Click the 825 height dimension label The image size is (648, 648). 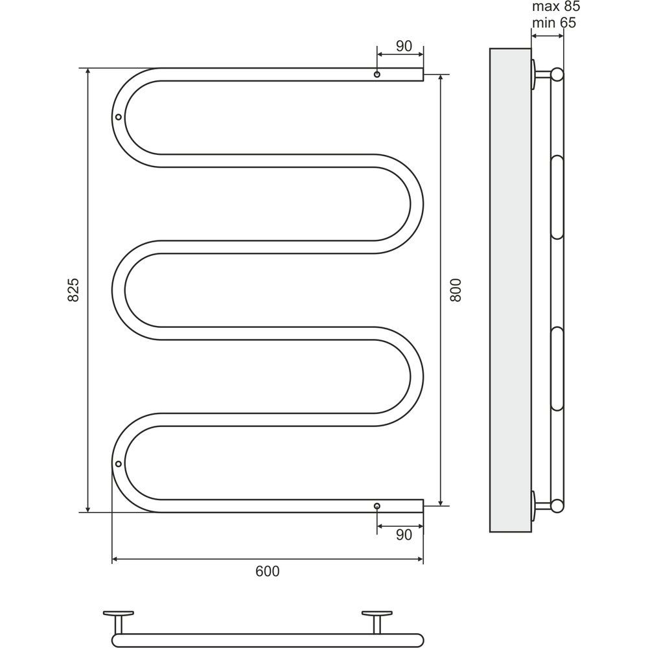tap(73, 290)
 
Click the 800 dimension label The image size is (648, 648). tap(455, 290)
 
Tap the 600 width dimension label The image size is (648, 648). tap(268, 571)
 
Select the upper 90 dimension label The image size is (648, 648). tap(404, 46)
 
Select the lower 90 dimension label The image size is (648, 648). tap(404, 535)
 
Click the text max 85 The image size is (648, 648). tap(556, 6)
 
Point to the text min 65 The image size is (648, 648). tap(554, 23)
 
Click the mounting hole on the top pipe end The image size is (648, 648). tap(377, 75)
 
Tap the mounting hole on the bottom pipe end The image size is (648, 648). tap(377, 506)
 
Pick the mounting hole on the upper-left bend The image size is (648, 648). tap(119, 117)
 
